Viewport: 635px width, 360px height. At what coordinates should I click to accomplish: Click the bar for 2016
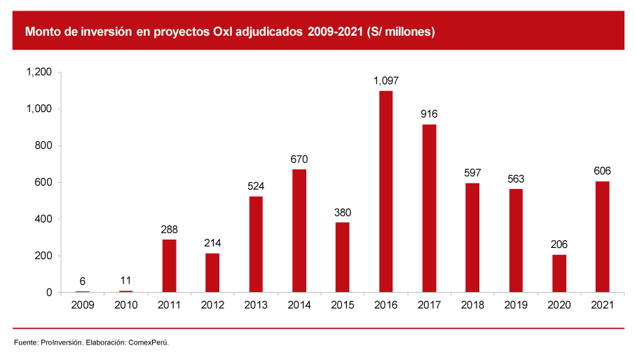[x=385, y=191]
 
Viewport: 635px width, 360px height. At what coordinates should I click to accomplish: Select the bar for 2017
[x=429, y=208]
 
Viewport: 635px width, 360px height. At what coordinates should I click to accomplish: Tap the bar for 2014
[x=299, y=230]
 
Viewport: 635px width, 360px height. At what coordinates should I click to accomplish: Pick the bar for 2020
[x=559, y=273]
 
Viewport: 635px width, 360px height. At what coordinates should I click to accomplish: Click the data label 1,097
[x=386, y=81]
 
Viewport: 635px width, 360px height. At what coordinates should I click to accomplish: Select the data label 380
[x=342, y=212]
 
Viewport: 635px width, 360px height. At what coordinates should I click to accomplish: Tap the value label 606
[x=602, y=171]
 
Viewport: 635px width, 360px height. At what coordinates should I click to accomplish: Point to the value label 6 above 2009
[x=83, y=281]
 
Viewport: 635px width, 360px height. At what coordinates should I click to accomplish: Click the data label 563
[x=515, y=179]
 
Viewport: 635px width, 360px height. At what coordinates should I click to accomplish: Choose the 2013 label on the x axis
[x=256, y=305]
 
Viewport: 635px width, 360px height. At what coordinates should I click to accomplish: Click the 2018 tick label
[x=472, y=305]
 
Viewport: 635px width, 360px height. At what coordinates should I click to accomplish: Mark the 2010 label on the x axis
[x=126, y=305]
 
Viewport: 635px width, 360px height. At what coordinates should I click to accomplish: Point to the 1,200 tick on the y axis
[x=39, y=72]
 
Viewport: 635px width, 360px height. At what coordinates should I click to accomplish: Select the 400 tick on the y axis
[x=43, y=219]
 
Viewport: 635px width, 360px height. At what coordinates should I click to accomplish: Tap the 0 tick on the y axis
[x=49, y=293]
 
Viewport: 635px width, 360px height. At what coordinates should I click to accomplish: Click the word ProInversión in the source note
[x=61, y=342]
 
